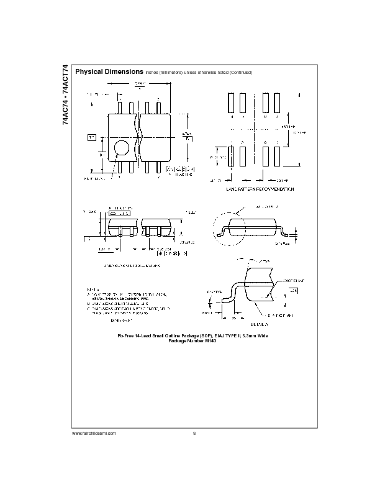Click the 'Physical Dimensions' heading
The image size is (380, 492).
coord(109,72)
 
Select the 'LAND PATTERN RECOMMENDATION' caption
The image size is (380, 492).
coord(260,189)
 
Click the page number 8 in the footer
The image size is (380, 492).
coord(194,432)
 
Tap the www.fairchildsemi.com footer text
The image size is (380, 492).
coord(94,432)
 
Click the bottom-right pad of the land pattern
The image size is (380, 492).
coord(277,157)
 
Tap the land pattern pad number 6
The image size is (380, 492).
coord(265,142)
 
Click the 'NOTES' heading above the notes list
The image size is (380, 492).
coord(93,289)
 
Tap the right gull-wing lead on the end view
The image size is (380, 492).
coord(281,232)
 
